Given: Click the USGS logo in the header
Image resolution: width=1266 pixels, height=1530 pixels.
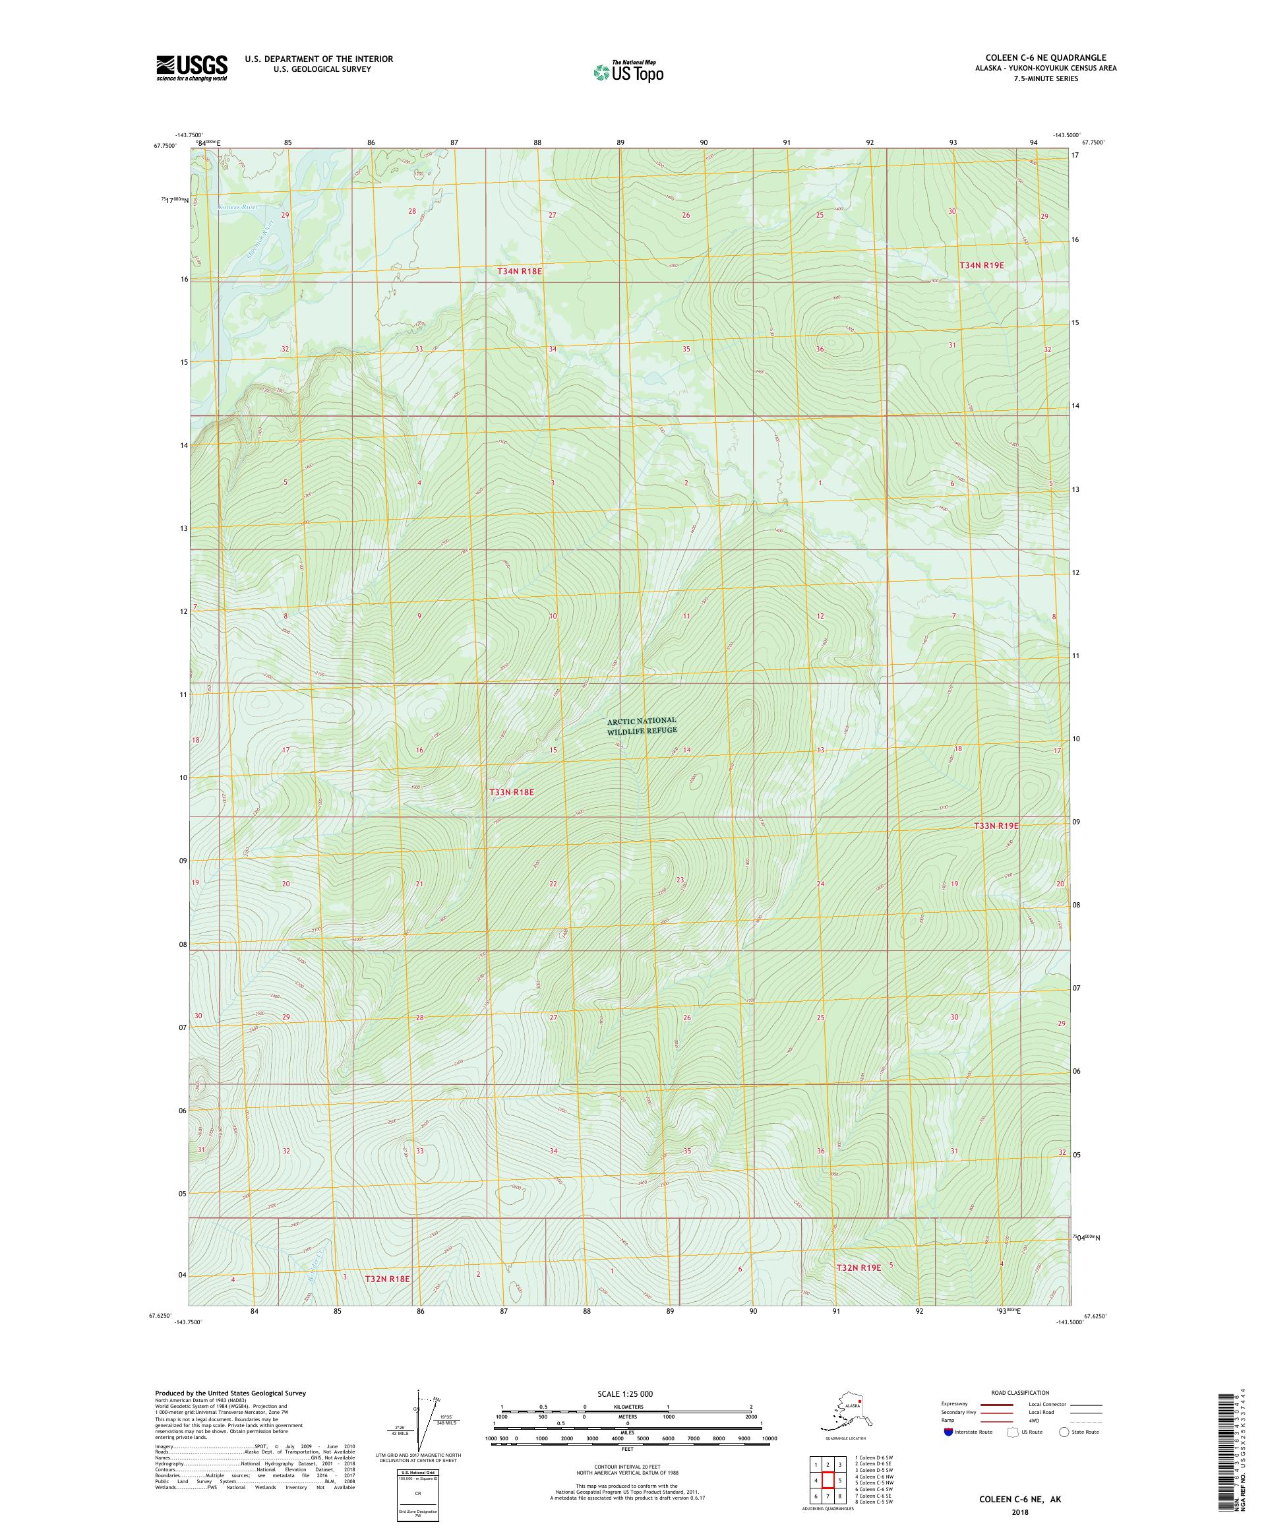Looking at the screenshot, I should [x=191, y=68].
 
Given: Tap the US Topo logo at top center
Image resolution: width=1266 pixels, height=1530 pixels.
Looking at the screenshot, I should [x=628, y=72].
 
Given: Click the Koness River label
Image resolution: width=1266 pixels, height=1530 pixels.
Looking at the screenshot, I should [x=238, y=207].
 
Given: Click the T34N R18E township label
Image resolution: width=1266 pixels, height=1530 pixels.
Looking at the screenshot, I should [x=520, y=271].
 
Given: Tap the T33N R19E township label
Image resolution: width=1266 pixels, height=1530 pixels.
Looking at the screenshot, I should [x=996, y=826].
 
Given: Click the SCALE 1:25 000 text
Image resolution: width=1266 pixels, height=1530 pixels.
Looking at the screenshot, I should [x=627, y=1393].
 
